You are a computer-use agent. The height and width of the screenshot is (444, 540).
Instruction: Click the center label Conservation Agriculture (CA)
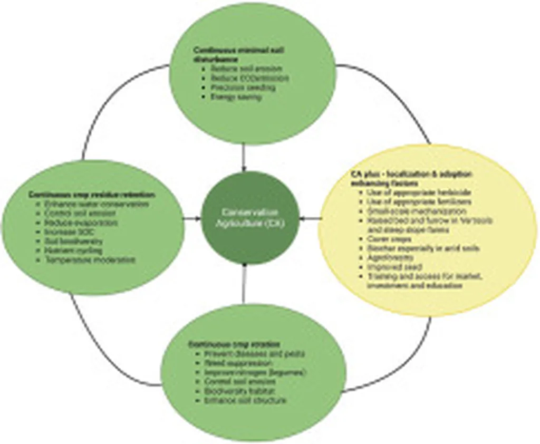(243, 218)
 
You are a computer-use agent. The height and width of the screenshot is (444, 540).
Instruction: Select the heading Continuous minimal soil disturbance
(233, 55)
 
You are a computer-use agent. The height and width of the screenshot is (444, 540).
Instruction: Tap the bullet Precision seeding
(243, 88)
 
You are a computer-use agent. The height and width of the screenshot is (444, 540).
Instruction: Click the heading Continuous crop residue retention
(92, 195)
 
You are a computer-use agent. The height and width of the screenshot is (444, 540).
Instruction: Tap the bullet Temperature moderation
(90, 260)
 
